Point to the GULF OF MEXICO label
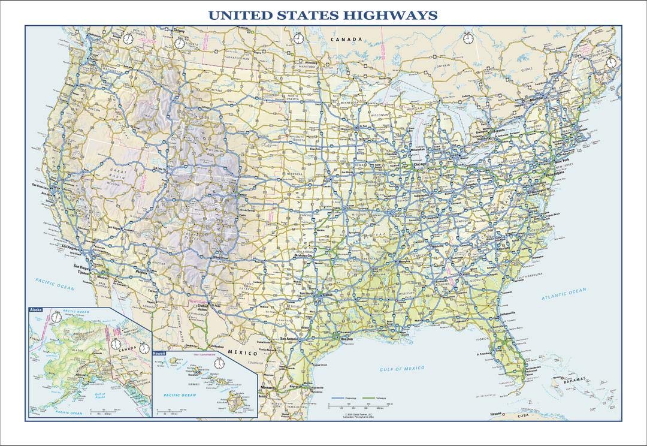(x=401, y=367)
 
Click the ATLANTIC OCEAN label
(x=564, y=294)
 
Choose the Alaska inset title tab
(x=35, y=309)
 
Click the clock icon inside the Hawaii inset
(x=219, y=363)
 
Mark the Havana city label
(x=494, y=414)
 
